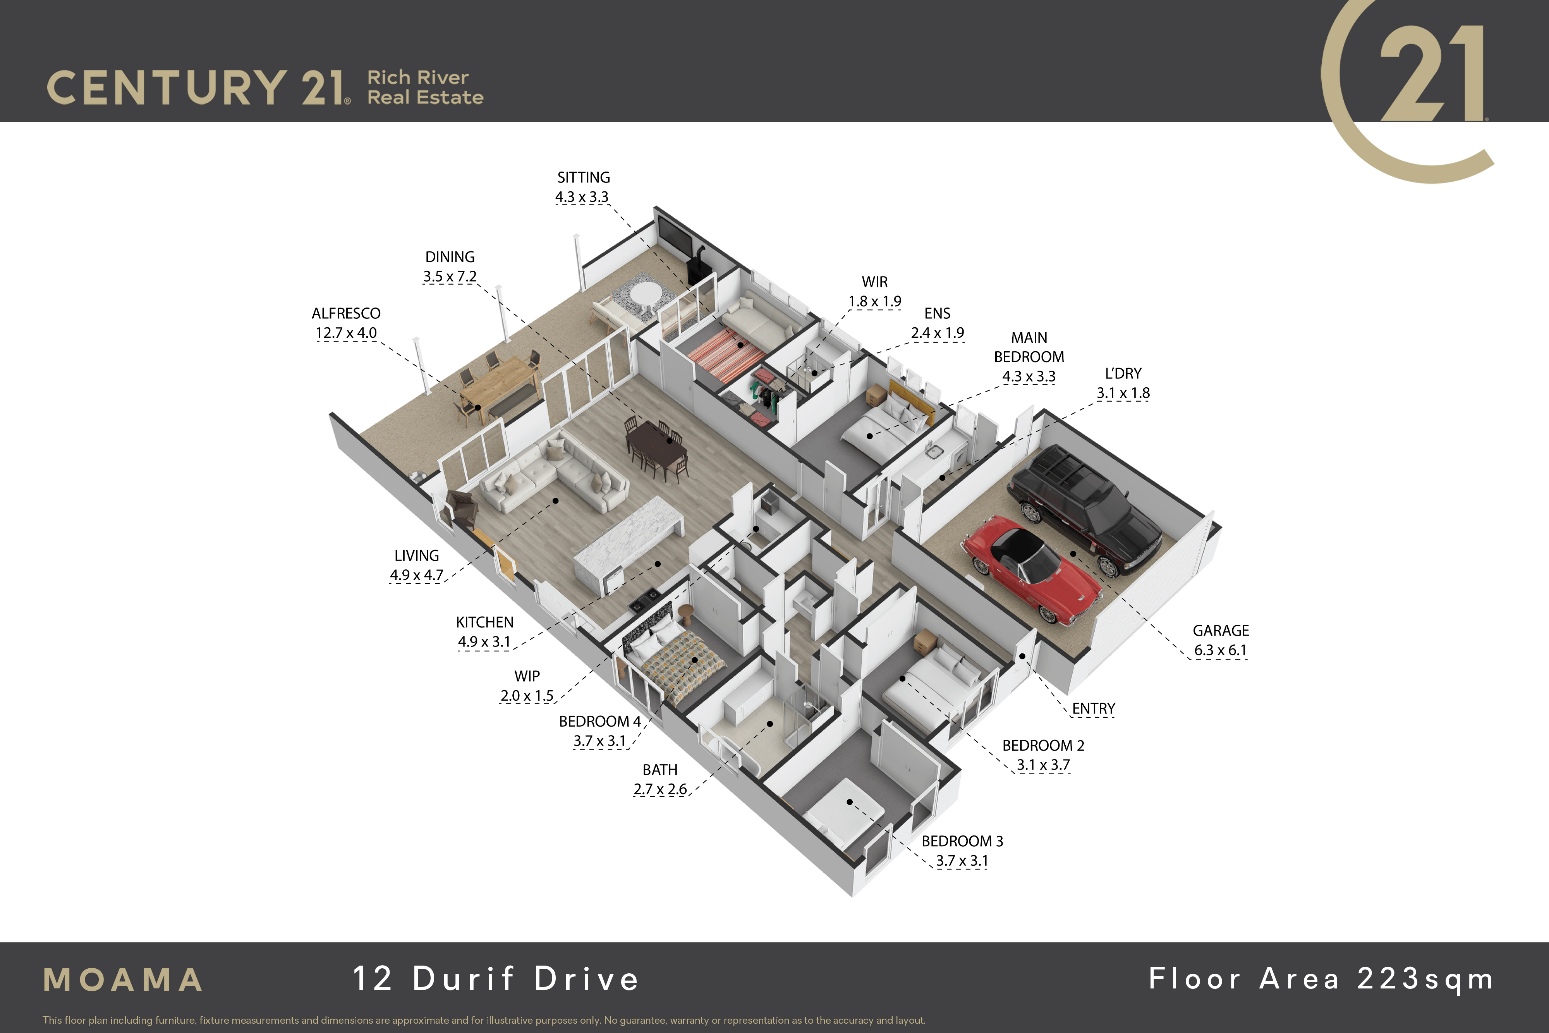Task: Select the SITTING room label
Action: click(x=584, y=177)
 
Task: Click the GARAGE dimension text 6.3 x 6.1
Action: click(x=1220, y=650)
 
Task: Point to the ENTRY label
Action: click(x=1093, y=709)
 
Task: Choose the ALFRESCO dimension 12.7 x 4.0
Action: click(x=347, y=333)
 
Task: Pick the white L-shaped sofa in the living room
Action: click(x=555, y=473)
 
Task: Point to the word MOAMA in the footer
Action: click(x=123, y=980)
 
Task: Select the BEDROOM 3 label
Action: click(x=962, y=841)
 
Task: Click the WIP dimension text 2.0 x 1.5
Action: click(x=527, y=696)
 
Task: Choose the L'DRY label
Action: click(x=1123, y=373)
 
